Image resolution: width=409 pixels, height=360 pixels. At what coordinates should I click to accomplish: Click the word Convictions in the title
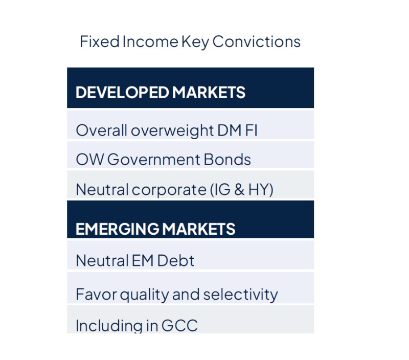(x=256, y=42)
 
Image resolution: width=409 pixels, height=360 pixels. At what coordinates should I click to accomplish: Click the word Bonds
(x=228, y=160)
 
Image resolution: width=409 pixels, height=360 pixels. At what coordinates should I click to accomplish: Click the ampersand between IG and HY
(x=238, y=190)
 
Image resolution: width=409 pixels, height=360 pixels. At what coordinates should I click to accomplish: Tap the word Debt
(x=175, y=261)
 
